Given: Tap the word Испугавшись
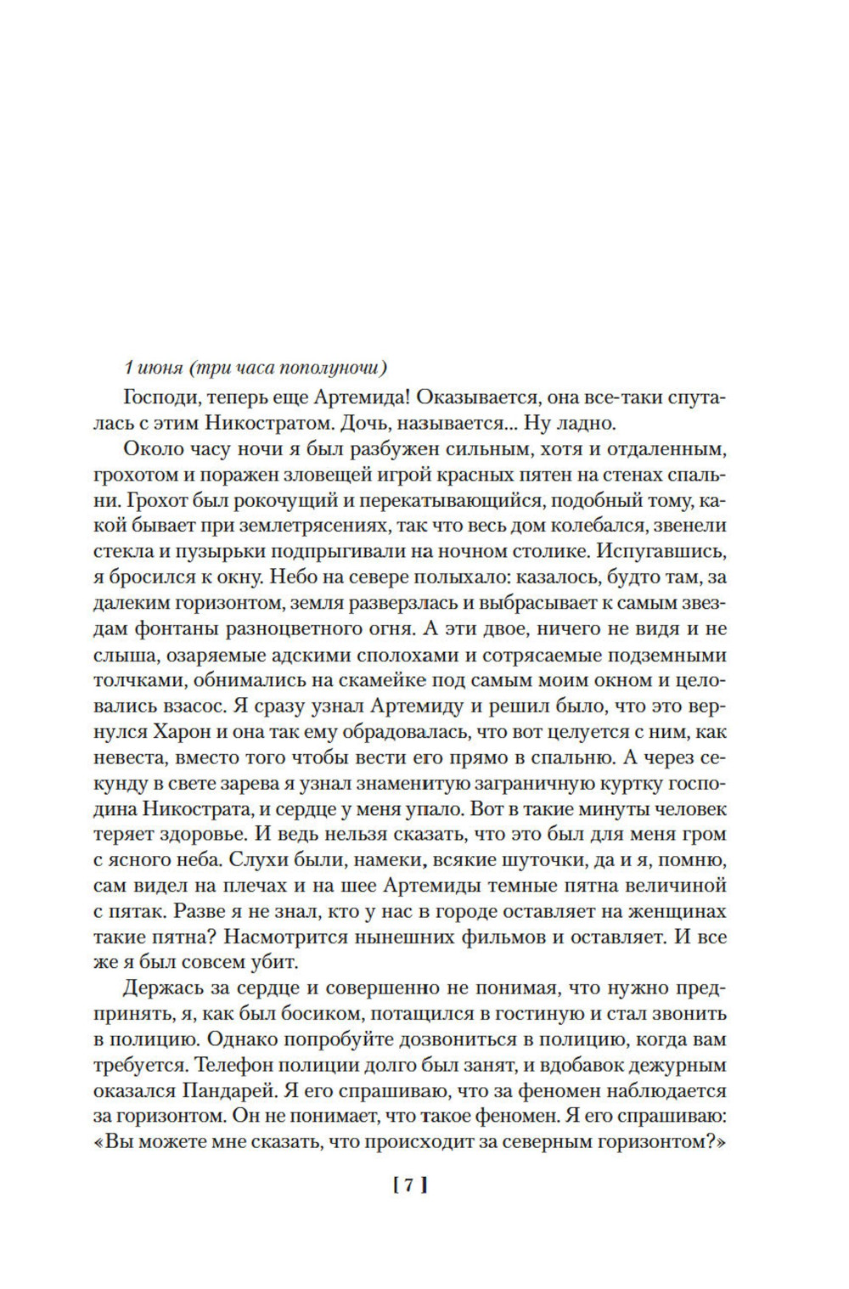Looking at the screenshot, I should pos(661,551).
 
